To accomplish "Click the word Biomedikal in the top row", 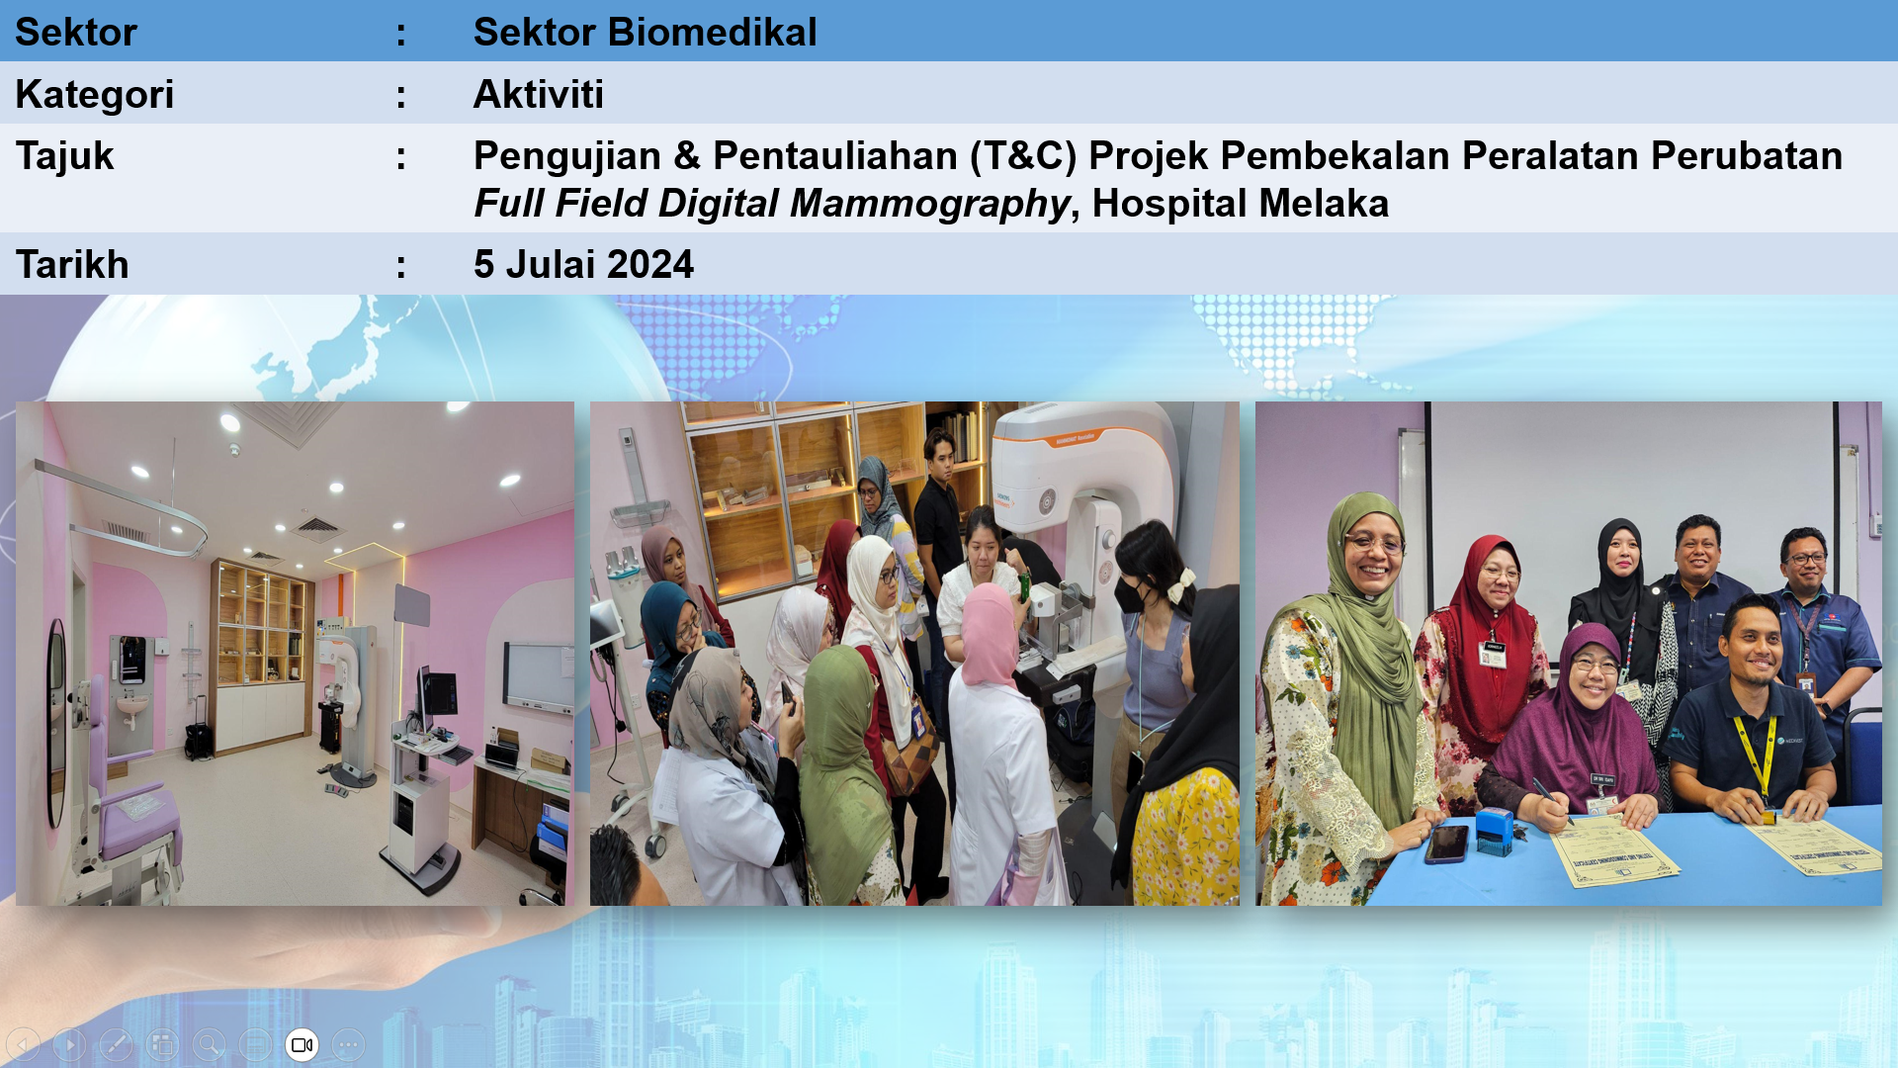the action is point(713,32).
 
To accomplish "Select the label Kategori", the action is point(95,95).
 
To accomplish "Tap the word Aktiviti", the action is point(539,94).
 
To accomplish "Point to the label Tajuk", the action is point(64,156).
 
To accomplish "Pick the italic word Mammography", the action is point(930,204).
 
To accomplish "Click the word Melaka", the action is point(1324,204).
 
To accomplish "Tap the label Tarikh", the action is point(72,265).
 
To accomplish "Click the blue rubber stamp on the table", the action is point(1494,830).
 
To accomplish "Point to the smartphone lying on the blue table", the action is point(1446,844).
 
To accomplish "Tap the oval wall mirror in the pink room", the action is point(56,723).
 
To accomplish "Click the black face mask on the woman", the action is point(1130,594).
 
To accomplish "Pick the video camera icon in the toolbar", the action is point(302,1044).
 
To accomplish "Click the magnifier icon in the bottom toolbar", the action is point(209,1044).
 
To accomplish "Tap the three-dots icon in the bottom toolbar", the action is point(348,1044).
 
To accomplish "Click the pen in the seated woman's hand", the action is point(1551,800).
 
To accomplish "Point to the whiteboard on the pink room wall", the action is point(537,677).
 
